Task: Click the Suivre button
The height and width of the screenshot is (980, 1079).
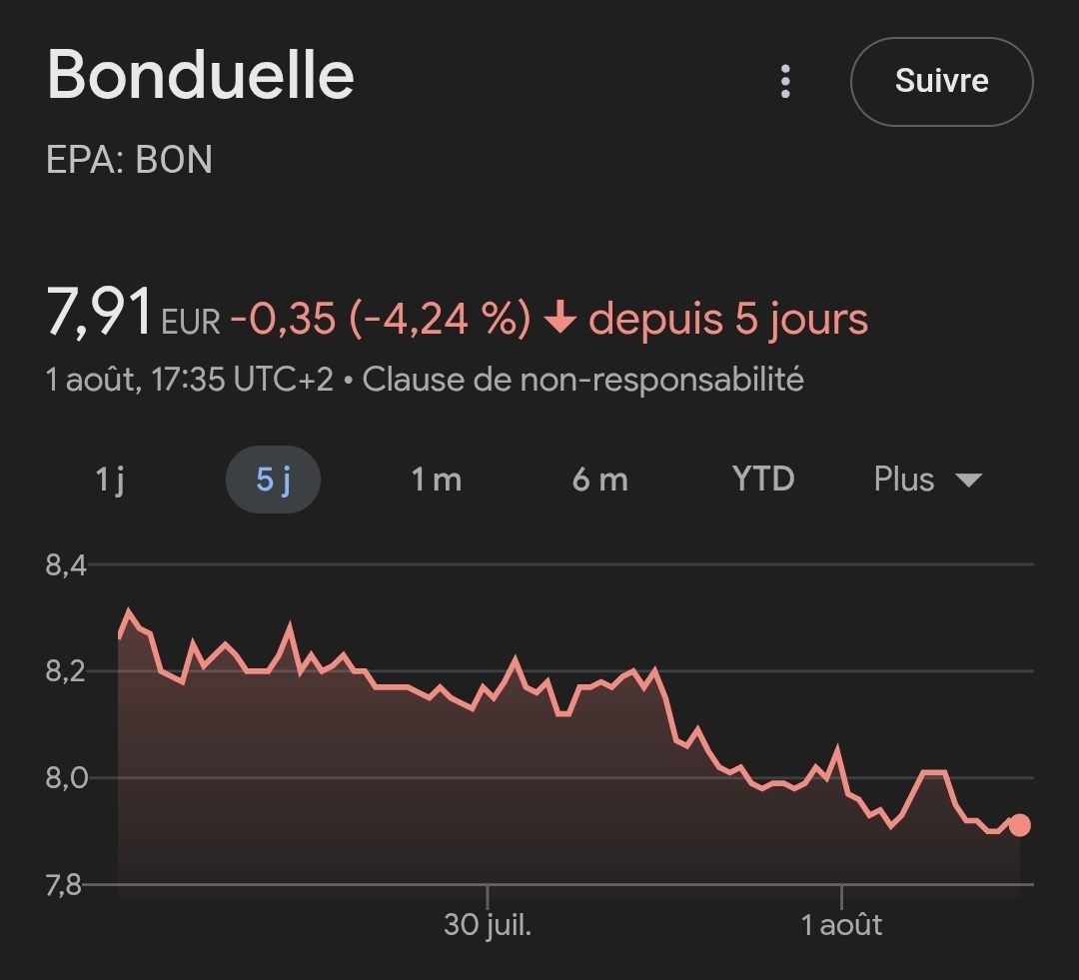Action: (x=941, y=81)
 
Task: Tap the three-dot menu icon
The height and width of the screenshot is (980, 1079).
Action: (x=785, y=81)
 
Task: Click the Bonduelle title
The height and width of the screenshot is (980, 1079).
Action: (x=201, y=75)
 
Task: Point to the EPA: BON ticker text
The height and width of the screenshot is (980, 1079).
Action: (x=130, y=161)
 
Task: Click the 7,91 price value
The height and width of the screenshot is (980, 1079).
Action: (x=99, y=313)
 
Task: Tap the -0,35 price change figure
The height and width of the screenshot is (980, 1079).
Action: (x=283, y=319)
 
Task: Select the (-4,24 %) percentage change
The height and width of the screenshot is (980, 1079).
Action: (x=440, y=319)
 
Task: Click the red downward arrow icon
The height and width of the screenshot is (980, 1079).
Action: (x=560, y=319)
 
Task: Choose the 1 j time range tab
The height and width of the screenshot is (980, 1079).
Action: (x=109, y=480)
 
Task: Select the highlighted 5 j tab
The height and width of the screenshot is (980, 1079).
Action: (x=273, y=480)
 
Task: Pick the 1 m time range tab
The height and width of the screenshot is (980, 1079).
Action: (x=436, y=480)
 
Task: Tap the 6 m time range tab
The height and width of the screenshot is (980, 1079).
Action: (x=599, y=480)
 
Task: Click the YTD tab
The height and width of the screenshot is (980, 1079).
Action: (x=763, y=480)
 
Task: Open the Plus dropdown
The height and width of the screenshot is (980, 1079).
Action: (x=927, y=480)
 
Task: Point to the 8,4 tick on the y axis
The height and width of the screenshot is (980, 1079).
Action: (x=66, y=565)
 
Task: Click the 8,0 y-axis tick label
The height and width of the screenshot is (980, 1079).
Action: (x=66, y=778)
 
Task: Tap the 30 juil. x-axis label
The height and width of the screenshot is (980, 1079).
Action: (x=488, y=924)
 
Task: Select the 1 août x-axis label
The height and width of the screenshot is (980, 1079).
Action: (x=841, y=924)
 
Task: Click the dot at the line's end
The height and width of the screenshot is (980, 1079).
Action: (x=1019, y=825)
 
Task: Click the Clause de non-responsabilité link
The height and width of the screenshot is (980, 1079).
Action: (x=582, y=380)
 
